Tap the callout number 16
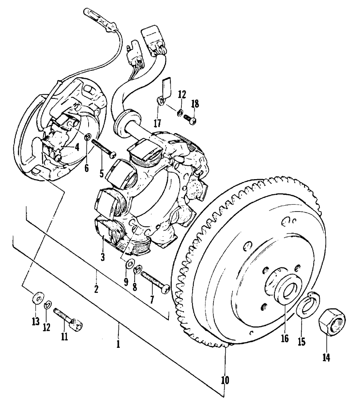[x=285, y=338]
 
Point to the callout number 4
[x=77, y=147]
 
